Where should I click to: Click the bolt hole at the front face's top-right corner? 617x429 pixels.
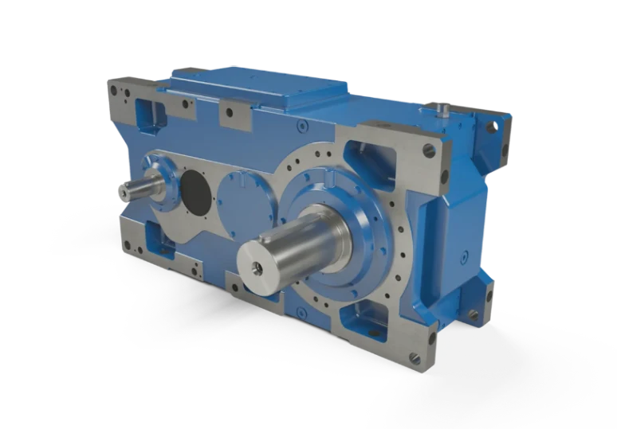[x=429, y=149]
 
